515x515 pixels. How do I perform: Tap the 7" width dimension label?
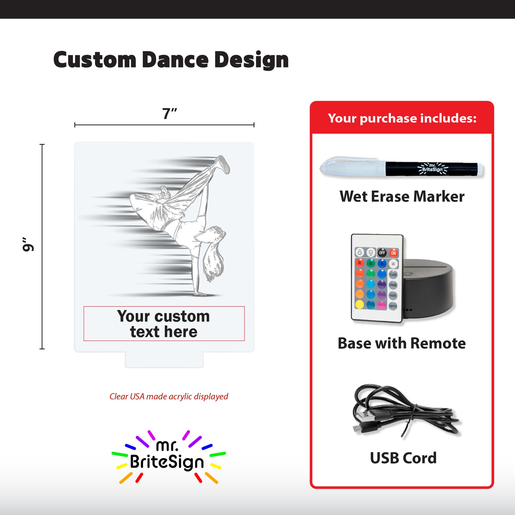click(x=170, y=114)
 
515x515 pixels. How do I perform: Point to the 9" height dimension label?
click(x=28, y=244)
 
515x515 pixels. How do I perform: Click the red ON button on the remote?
click(x=393, y=253)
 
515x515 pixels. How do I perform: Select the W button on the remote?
click(x=393, y=264)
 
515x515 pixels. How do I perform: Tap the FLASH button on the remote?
click(x=393, y=274)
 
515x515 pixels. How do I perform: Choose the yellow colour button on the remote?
click(x=360, y=304)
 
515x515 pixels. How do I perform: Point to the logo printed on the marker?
click(x=433, y=169)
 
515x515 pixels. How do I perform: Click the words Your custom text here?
click(x=164, y=324)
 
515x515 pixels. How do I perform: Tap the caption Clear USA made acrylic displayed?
click(x=169, y=397)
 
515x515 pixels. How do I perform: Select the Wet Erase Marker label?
click(x=402, y=196)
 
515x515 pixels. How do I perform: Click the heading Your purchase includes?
click(x=402, y=118)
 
